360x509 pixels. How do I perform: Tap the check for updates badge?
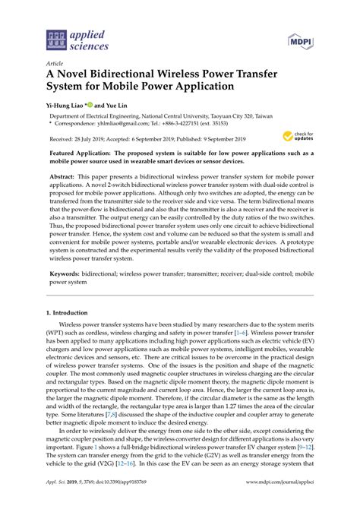pyautogui.click(x=296, y=137)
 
